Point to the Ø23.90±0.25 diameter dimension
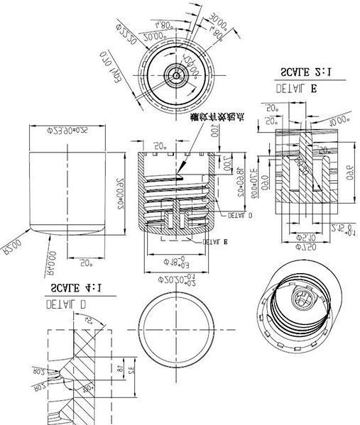pos(67,131)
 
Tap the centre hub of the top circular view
pos(173,73)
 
